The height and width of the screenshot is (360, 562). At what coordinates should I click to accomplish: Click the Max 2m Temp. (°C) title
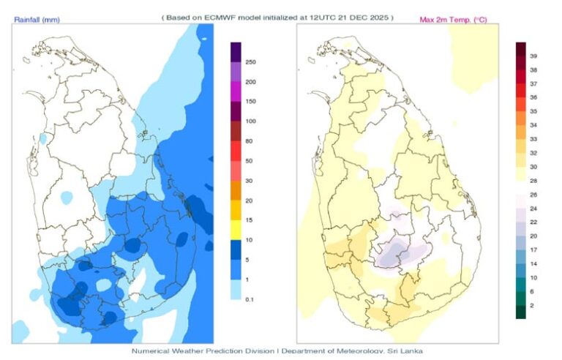[453, 19]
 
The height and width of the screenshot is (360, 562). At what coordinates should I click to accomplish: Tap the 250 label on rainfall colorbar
[250, 62]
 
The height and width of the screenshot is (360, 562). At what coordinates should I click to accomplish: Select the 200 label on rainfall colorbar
[250, 82]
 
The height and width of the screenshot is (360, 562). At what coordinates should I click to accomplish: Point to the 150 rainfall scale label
[250, 102]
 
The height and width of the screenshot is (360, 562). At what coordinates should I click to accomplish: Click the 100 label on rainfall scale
[250, 121]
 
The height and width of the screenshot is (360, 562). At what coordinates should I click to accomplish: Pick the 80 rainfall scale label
[249, 141]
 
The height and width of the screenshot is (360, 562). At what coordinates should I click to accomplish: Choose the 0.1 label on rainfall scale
[250, 299]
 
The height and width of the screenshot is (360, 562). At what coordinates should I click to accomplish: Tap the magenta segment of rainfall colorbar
[236, 91]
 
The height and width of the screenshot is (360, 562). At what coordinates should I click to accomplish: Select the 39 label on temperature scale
[533, 56]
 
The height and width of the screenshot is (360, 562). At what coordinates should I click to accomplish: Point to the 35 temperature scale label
[533, 111]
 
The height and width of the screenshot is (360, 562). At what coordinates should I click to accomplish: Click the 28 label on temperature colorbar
[533, 181]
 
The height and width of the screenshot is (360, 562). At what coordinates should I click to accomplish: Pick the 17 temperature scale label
[533, 250]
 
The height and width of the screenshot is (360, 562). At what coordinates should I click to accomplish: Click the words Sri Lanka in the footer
[405, 351]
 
